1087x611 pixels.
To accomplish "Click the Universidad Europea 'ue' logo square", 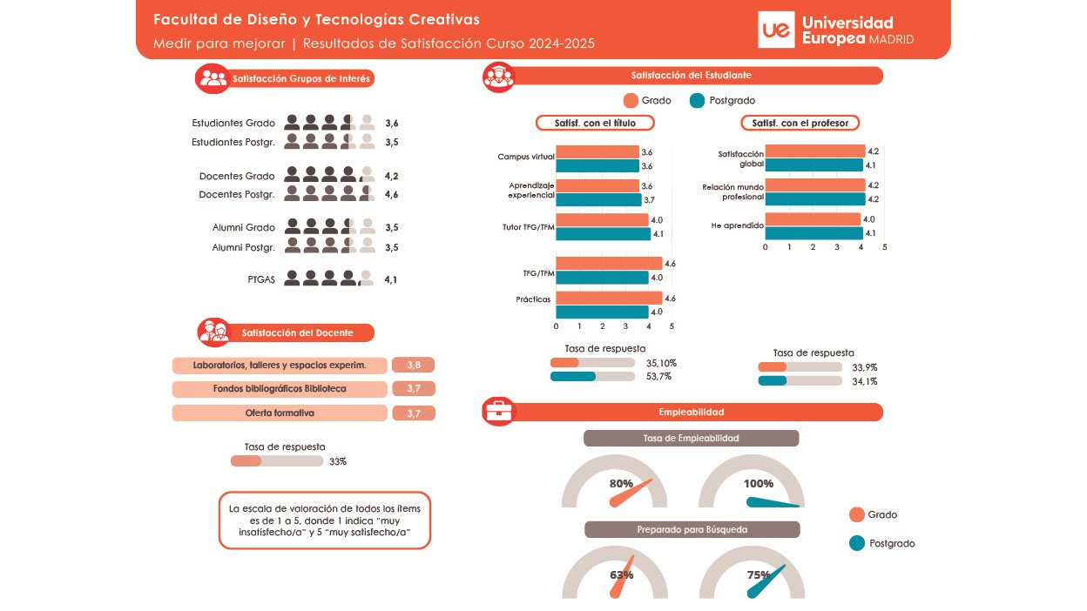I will pyautogui.click(x=776, y=30).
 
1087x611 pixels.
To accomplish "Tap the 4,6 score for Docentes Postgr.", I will pyautogui.click(x=391, y=194).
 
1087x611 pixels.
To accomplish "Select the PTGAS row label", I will pyautogui.click(x=260, y=279).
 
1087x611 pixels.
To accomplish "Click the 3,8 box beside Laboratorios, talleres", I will pyautogui.click(x=413, y=366).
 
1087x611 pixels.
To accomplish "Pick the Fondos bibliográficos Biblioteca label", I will pyautogui.click(x=280, y=389).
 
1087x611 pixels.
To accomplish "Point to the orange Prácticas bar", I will pyautogui.click(x=609, y=299).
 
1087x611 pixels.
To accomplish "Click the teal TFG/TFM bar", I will pyautogui.click(x=602, y=278).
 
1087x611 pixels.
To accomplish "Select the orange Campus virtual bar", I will pyautogui.click(x=597, y=152).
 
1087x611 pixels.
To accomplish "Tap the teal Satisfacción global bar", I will pyautogui.click(x=814, y=164).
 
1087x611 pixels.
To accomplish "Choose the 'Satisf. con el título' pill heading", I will pyautogui.click(x=595, y=124).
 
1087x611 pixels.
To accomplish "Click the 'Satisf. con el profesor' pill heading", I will pyautogui.click(x=800, y=124).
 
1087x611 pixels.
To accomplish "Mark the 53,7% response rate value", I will pyautogui.click(x=658, y=376).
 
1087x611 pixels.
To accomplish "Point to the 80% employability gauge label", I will pyautogui.click(x=621, y=484).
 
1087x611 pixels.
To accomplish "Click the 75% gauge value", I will pyautogui.click(x=759, y=574).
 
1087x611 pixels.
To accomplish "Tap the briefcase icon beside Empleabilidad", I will pyautogui.click(x=499, y=412).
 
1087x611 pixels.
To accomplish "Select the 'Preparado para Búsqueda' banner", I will pyautogui.click(x=692, y=529).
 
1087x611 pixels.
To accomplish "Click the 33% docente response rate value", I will pyautogui.click(x=338, y=461).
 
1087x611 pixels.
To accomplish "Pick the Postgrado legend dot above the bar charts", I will pyautogui.click(x=697, y=100).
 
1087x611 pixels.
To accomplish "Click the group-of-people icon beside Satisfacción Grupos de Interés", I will pyautogui.click(x=212, y=78).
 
